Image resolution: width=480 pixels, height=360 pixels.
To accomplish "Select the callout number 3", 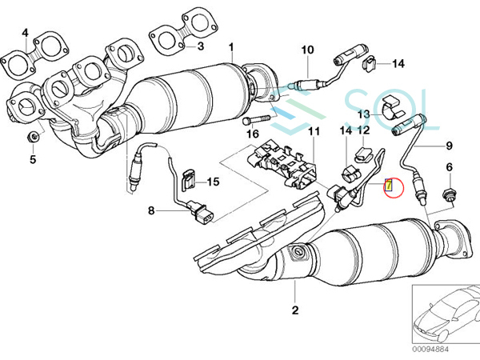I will click(x=201, y=46).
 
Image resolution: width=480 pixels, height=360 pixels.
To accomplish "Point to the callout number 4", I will click(x=26, y=33).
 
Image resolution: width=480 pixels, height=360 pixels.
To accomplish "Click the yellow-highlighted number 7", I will click(x=389, y=186).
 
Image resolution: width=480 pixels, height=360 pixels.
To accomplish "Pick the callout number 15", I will click(x=212, y=182).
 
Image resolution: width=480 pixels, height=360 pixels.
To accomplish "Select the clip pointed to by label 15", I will click(x=189, y=182).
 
